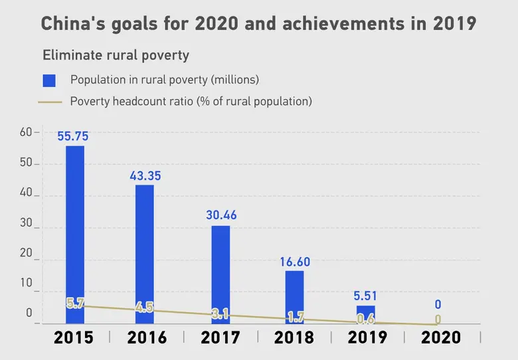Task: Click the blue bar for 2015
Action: (x=75, y=232)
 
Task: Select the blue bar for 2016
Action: (x=145, y=252)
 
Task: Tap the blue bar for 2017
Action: (x=220, y=272)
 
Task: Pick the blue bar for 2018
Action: (x=294, y=296)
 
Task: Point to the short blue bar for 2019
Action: (x=365, y=314)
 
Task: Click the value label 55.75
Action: (x=73, y=136)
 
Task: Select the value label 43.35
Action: (x=145, y=176)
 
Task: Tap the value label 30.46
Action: (x=221, y=215)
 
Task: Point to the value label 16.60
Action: (x=294, y=262)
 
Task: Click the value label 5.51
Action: (x=366, y=295)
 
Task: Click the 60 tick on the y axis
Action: (x=26, y=132)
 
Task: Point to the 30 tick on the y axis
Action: (x=26, y=227)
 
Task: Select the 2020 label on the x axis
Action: (x=441, y=337)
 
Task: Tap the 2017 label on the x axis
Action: (x=220, y=337)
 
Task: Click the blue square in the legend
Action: (x=49, y=80)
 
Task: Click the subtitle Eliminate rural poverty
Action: (x=116, y=55)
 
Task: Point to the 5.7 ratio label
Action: (x=74, y=304)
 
